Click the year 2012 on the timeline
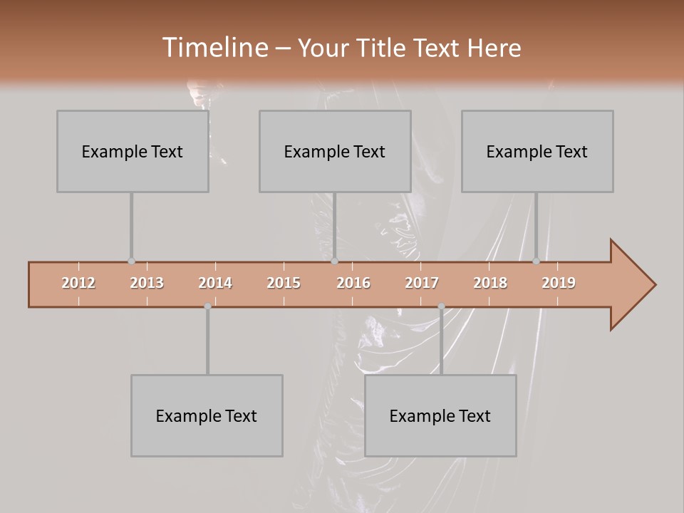coord(78,283)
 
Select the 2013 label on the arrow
coord(147,283)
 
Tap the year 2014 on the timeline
coord(215,283)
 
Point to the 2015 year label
coord(284,283)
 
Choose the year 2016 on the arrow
coord(353,283)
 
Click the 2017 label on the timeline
coord(422,283)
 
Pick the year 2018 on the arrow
coord(490,283)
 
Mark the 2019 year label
coord(559,283)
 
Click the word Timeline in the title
coord(214,48)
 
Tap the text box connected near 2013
coord(133,151)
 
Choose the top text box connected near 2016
coord(335,151)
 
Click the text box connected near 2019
coord(537,151)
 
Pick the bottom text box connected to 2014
coord(207,415)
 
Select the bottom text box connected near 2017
coord(440,415)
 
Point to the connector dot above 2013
coord(131,261)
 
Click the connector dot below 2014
coord(207,306)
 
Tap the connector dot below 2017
coord(441,306)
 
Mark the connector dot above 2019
coord(536,261)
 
